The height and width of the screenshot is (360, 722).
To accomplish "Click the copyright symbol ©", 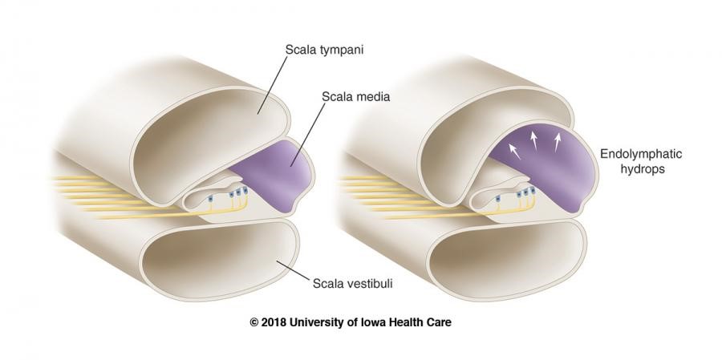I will click(254, 322).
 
